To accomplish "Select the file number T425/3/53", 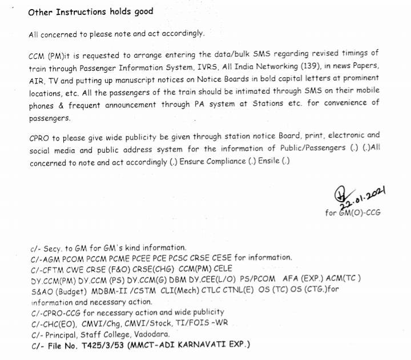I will click(x=94, y=345).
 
